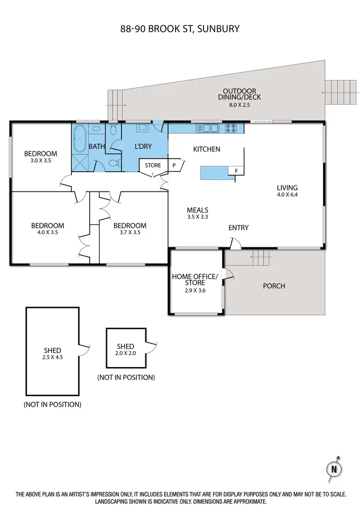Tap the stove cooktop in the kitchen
point(230,129)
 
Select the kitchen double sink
point(207,129)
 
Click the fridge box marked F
point(236,171)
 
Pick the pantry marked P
point(174,166)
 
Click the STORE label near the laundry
point(153,166)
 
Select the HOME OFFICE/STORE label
point(195,279)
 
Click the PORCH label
point(274,286)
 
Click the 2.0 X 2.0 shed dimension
point(125,353)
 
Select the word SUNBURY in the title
point(217,29)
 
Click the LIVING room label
point(287,188)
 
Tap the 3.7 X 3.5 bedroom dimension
point(130,232)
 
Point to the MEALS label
point(197,210)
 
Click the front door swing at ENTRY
point(235,245)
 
